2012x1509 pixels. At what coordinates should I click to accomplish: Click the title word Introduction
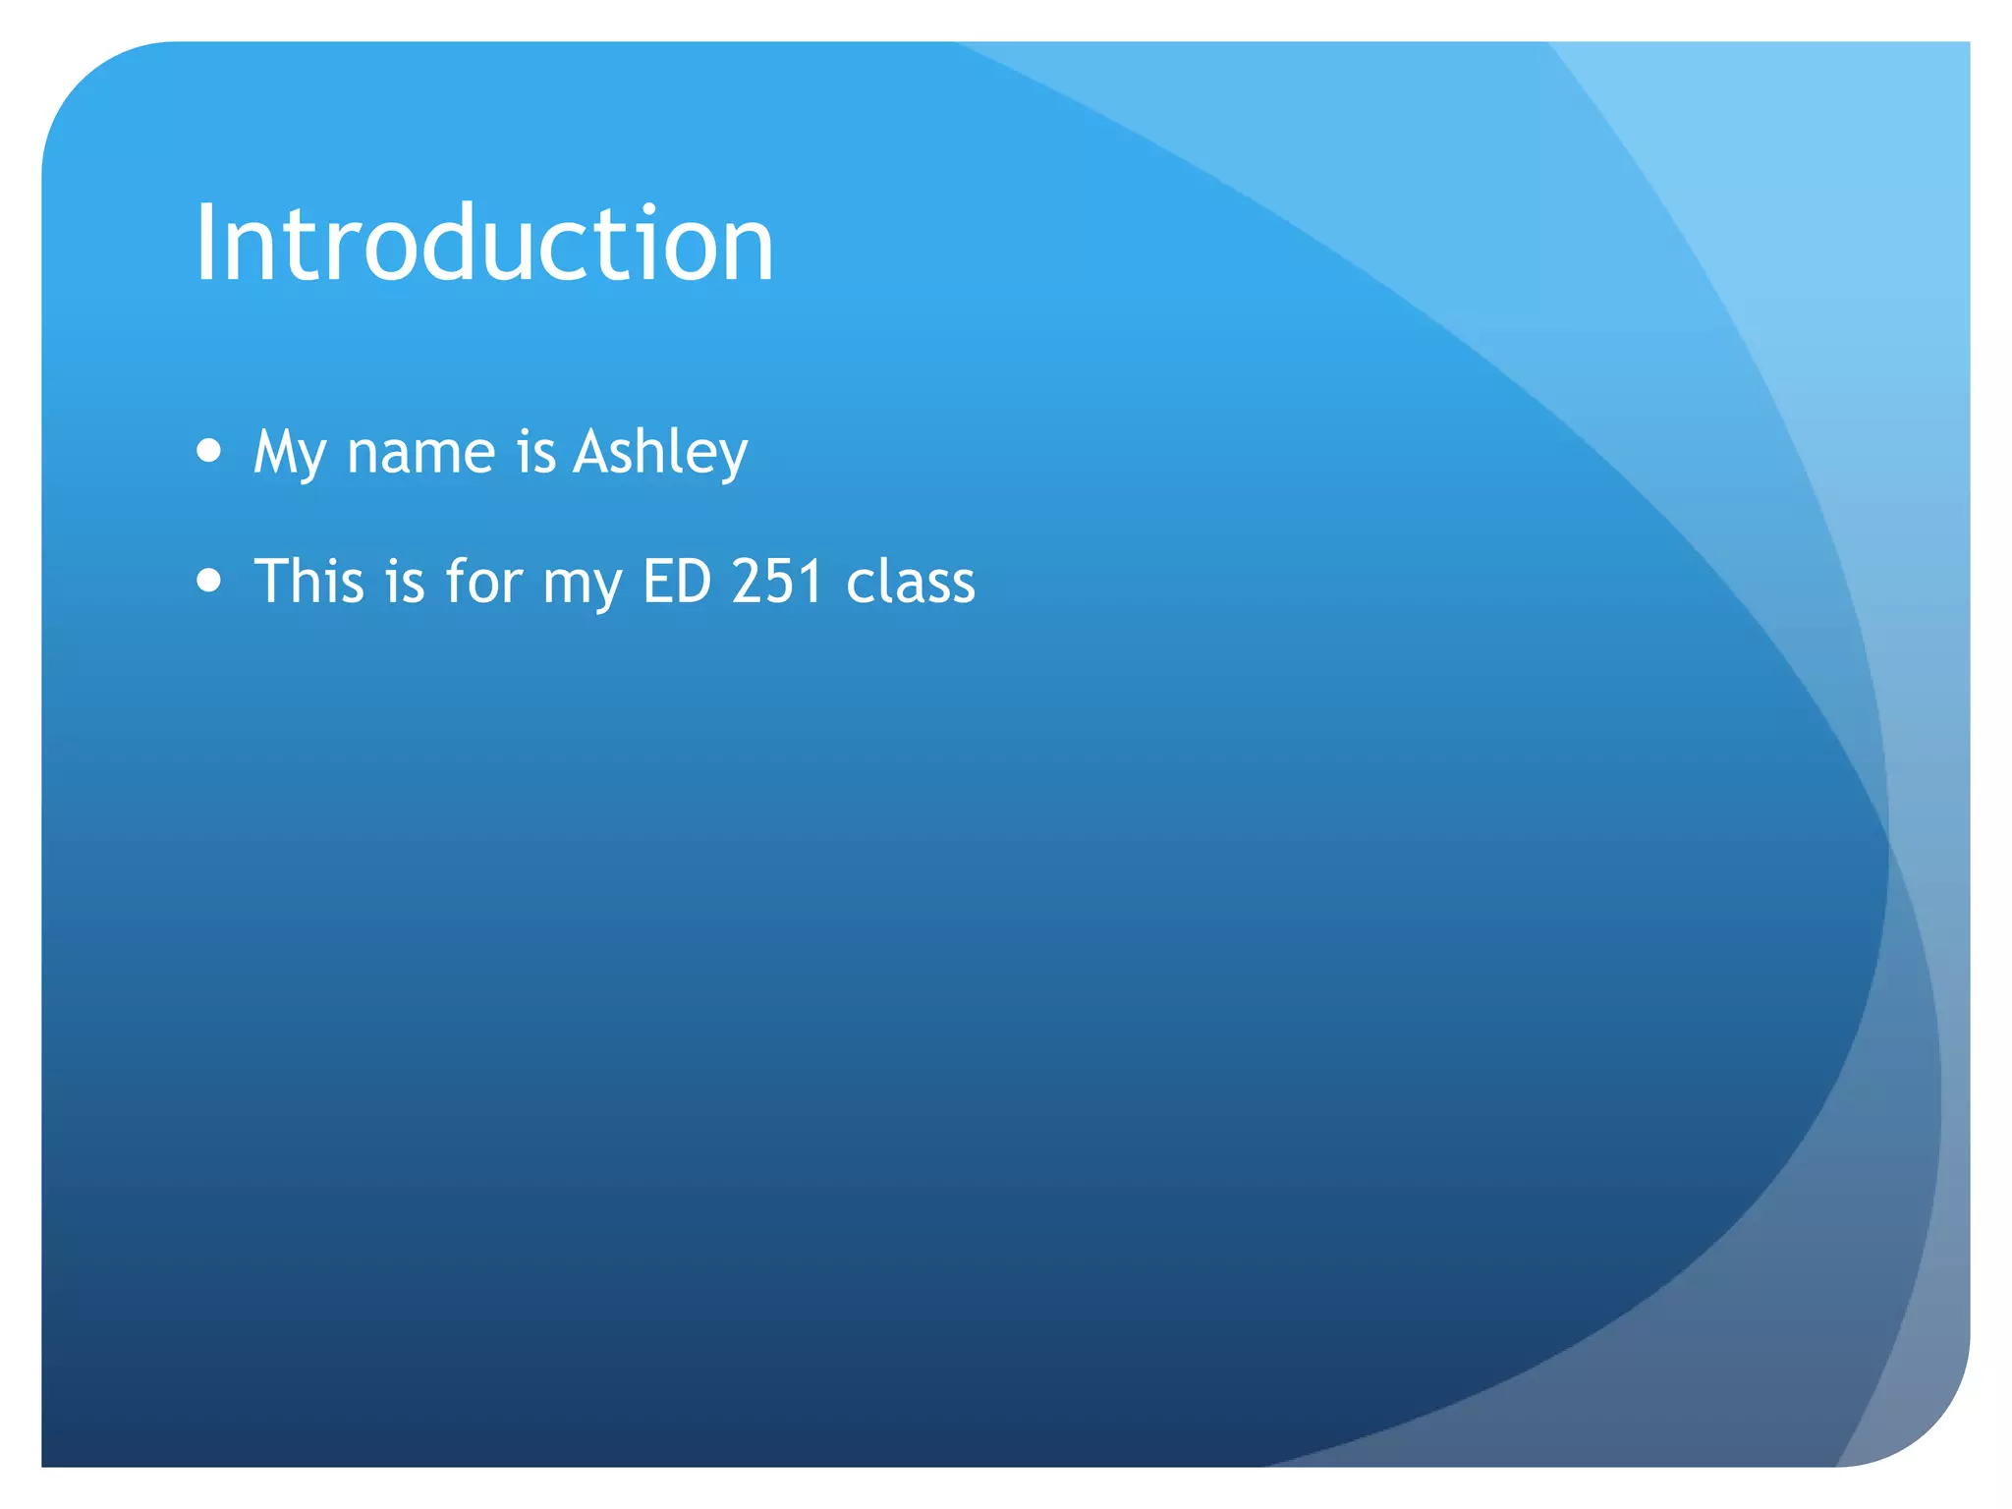tap(484, 243)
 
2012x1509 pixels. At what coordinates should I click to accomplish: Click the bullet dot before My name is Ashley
tap(208, 450)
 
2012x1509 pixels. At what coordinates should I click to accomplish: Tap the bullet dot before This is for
tap(208, 580)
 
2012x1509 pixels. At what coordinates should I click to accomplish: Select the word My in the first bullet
tap(289, 454)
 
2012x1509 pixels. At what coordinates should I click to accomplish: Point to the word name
tap(420, 454)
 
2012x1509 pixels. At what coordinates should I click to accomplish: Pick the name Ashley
tap(660, 454)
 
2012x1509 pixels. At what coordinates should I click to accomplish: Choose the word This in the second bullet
tap(309, 581)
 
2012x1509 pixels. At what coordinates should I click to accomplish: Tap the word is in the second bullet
tap(405, 581)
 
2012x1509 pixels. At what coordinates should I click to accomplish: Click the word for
tap(483, 581)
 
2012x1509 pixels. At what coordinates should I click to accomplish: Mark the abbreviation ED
tap(677, 581)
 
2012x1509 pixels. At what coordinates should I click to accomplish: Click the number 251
tap(777, 581)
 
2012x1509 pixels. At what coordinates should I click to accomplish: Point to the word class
tap(911, 583)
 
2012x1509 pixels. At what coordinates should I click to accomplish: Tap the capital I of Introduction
tap(204, 243)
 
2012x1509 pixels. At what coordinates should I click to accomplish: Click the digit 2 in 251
tap(748, 581)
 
